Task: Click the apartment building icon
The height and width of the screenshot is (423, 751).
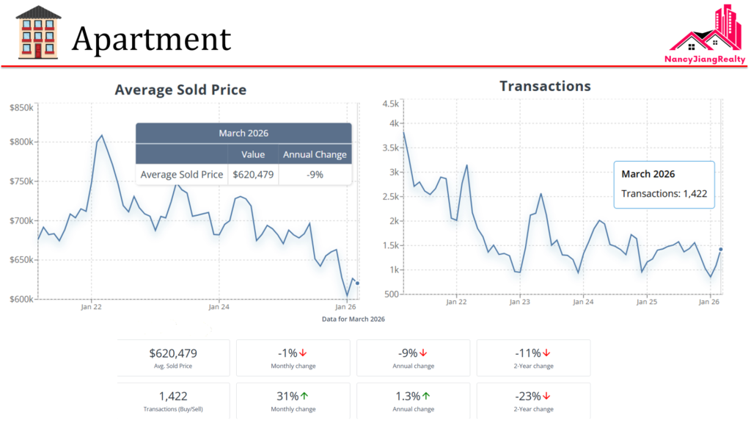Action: [x=38, y=32]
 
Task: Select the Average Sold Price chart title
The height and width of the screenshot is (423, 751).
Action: [x=180, y=90]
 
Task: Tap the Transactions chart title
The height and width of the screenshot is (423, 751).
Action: [x=545, y=86]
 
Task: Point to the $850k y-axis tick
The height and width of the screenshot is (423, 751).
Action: [x=21, y=107]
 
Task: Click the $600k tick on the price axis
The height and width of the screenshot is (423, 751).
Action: [x=21, y=299]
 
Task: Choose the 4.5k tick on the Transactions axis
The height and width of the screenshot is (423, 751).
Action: [x=389, y=104]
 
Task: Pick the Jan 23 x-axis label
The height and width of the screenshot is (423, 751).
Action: [x=519, y=302]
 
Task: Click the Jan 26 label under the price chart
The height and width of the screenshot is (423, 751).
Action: [x=346, y=306]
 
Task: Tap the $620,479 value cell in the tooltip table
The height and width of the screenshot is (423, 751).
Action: [x=253, y=175]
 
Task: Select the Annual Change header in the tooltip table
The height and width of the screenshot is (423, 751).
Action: [x=315, y=154]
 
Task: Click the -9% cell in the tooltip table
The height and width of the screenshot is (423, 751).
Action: [x=315, y=175]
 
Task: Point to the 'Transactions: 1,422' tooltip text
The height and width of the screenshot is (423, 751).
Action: [x=664, y=194]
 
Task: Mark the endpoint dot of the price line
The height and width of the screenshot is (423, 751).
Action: [x=357, y=283]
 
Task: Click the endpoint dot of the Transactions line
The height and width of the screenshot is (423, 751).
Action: [x=721, y=250]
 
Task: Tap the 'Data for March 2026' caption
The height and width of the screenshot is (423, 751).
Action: [x=353, y=319]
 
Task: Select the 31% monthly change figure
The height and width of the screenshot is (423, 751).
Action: [x=287, y=396]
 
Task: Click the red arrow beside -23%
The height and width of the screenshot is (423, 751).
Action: [x=546, y=396]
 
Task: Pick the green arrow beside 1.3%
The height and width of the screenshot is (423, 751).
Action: [x=426, y=396]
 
